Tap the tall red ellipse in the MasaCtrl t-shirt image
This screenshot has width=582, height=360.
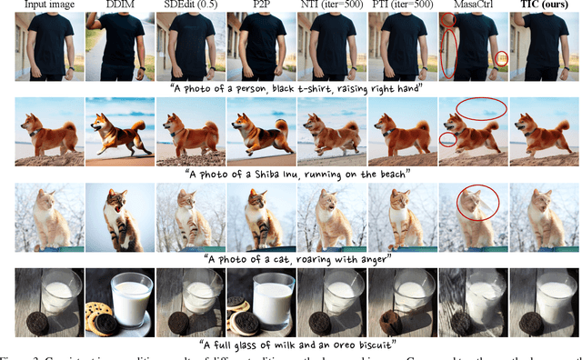click(449, 52)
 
